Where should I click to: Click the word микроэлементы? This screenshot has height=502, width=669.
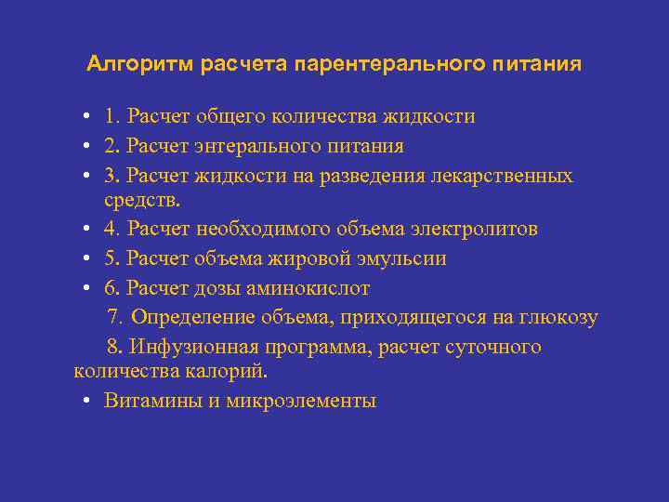pos(301,401)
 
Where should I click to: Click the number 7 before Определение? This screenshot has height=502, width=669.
pos(113,317)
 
